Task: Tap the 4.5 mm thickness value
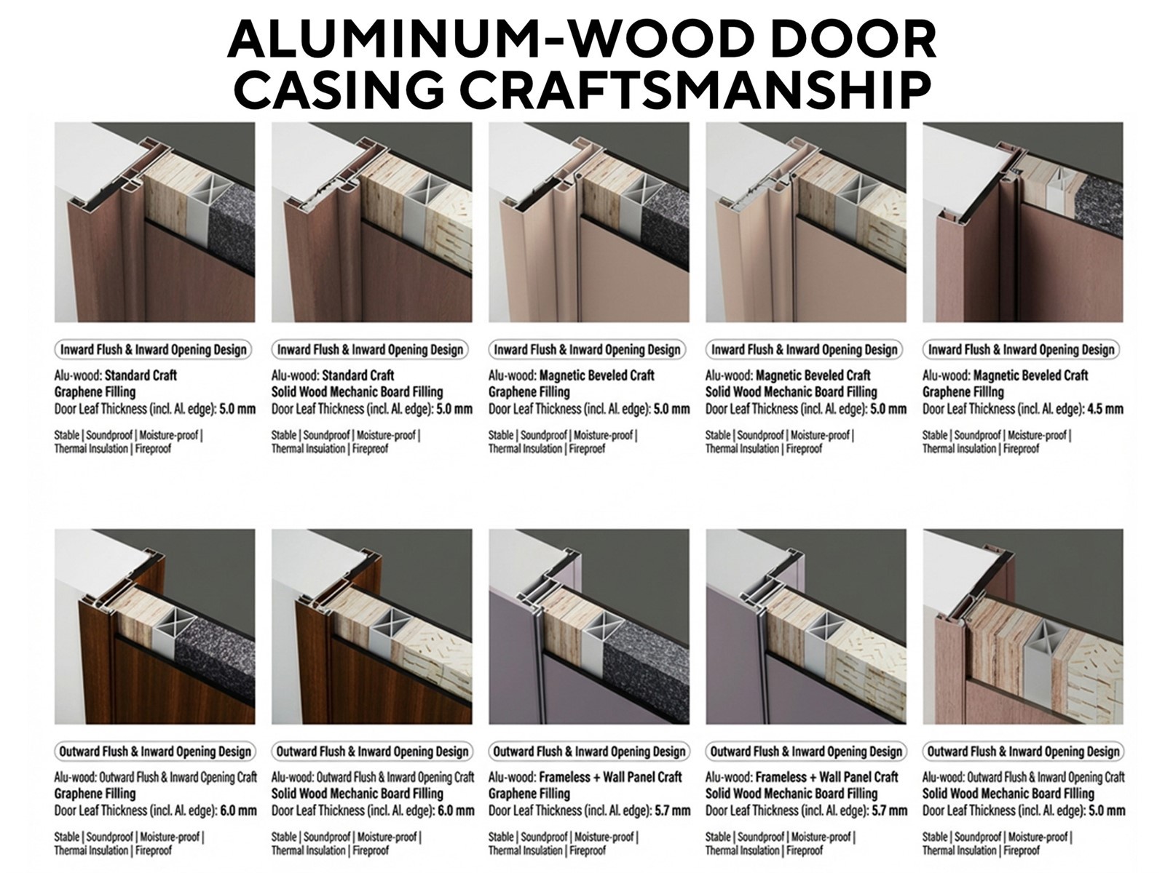[x=1105, y=409]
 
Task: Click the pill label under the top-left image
[x=153, y=350]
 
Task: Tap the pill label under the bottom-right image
[x=1023, y=752]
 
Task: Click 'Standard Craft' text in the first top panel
[x=141, y=375]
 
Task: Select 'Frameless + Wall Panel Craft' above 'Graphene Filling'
[x=610, y=777]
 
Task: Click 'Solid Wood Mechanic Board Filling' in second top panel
[x=357, y=392]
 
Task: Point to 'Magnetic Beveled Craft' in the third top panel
[x=596, y=375]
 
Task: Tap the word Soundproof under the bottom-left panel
[x=109, y=837]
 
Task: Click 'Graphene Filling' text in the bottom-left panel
[x=95, y=794]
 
